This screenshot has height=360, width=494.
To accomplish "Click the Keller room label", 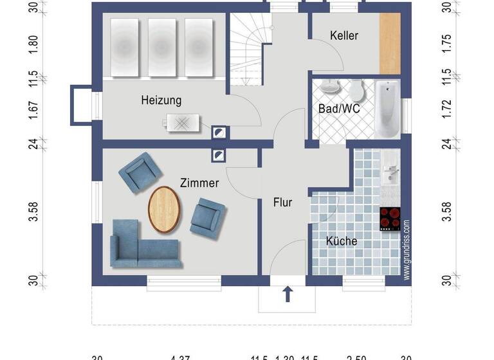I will (344, 36).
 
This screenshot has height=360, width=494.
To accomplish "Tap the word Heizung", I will (161, 100).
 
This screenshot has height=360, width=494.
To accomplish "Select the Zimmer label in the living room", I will (199, 183).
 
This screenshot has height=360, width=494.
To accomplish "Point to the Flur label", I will (283, 203).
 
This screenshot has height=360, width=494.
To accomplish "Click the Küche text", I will (342, 241).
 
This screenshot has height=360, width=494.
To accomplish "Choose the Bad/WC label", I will (338, 109).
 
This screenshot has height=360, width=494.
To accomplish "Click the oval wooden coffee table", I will (165, 208).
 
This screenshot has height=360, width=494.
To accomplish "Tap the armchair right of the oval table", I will (208, 215).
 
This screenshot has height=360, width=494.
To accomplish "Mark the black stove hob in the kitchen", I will (390, 219).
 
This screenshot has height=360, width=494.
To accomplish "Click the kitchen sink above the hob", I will (390, 171).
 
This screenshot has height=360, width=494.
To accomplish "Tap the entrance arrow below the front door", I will (288, 294).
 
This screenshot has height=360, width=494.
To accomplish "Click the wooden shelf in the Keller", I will (390, 43).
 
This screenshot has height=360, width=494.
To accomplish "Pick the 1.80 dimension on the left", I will (34, 44).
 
